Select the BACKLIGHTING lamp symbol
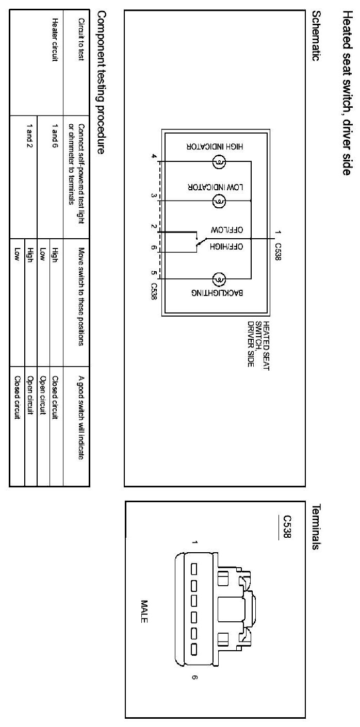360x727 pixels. pyautogui.click(x=219, y=280)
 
